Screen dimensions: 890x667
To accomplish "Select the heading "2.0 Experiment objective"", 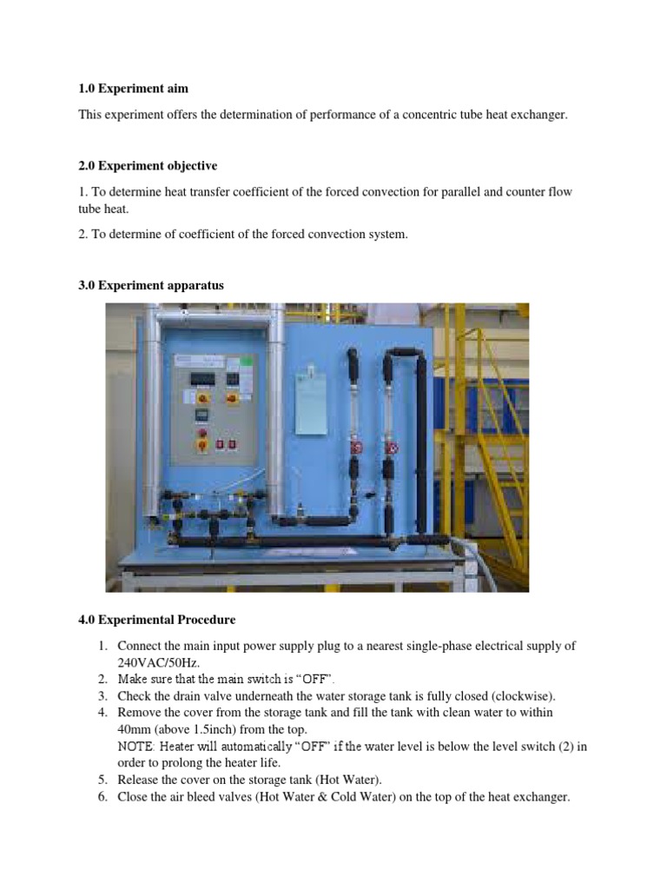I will [x=148, y=165].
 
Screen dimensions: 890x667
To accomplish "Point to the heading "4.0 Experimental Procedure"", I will [x=156, y=620].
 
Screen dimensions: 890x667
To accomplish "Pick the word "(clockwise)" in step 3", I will [x=523, y=695].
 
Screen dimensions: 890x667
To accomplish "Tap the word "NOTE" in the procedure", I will [x=135, y=747].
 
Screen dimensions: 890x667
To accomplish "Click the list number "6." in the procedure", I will [x=102, y=796].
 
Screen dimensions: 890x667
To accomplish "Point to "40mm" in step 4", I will [x=135, y=729].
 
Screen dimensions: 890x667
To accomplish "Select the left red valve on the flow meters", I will [x=355, y=449].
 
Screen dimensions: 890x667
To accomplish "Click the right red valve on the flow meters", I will [x=393, y=449].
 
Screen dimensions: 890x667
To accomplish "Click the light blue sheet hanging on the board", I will [x=311, y=402].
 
